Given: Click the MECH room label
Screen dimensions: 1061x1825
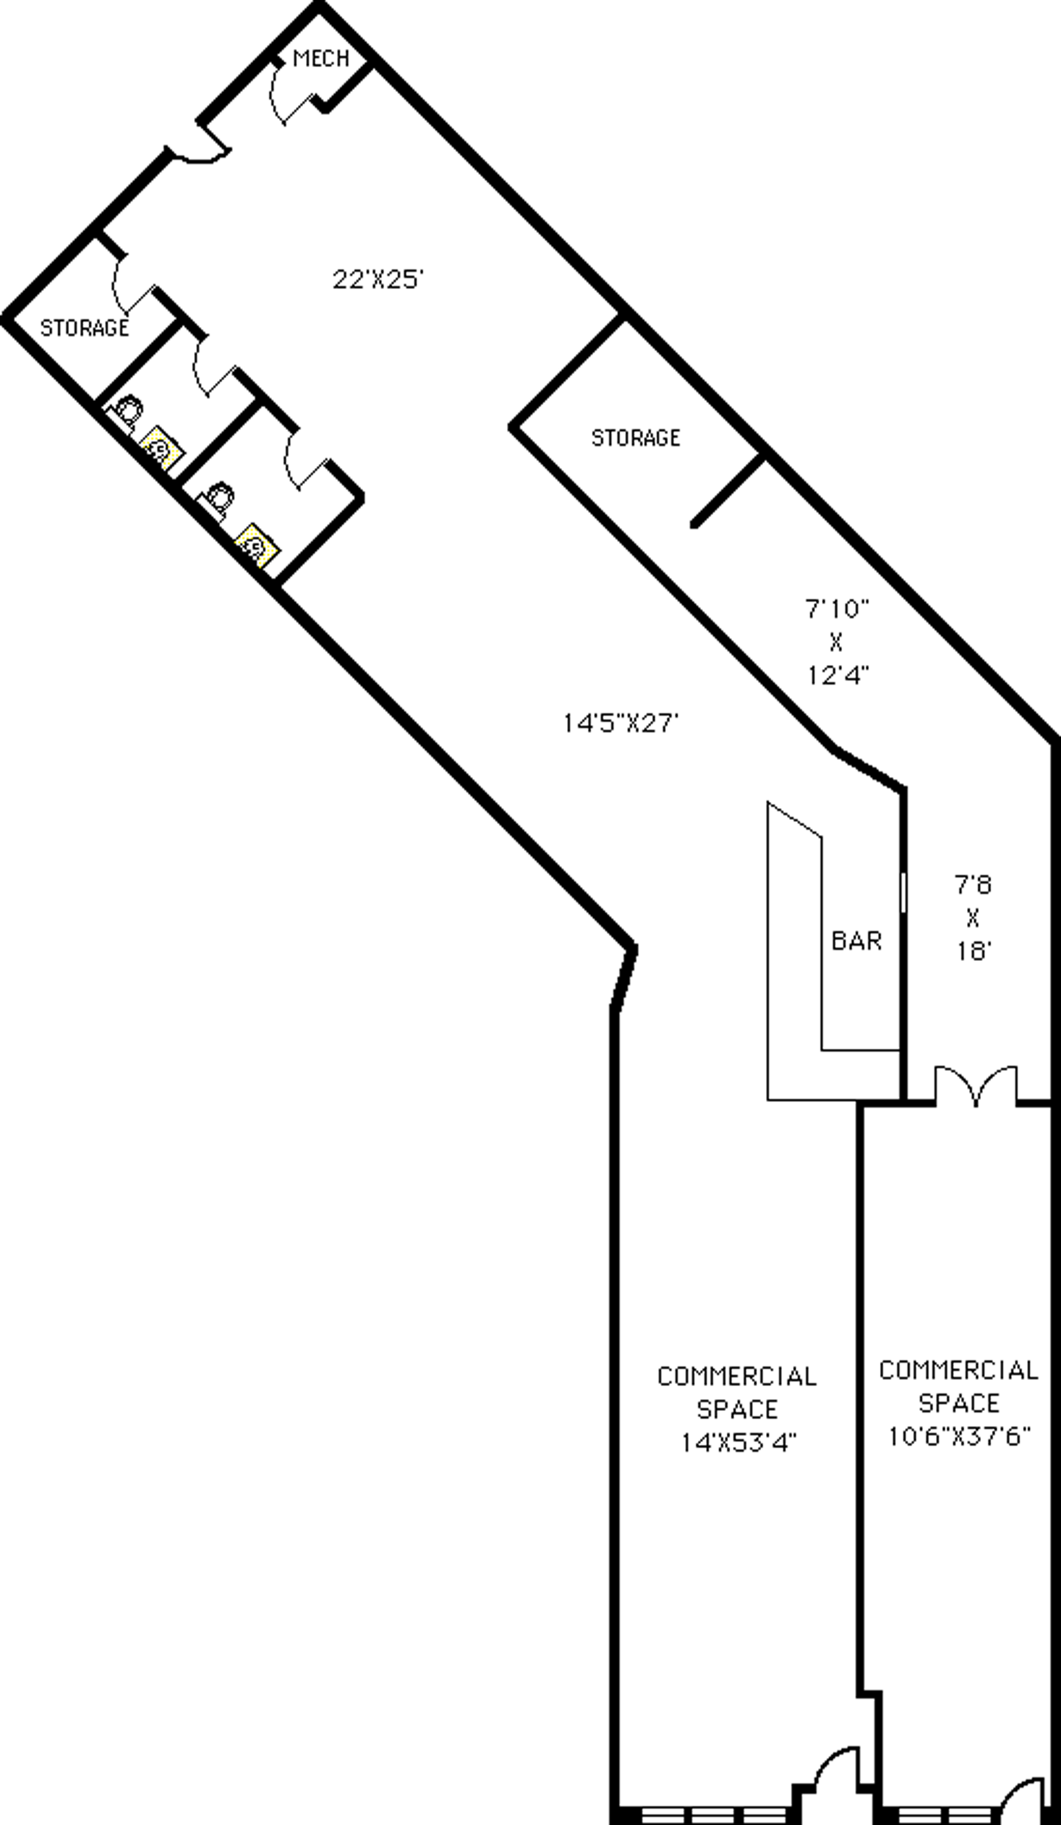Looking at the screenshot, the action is (x=321, y=58).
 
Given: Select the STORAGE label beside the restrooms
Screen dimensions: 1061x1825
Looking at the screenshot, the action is (x=84, y=328).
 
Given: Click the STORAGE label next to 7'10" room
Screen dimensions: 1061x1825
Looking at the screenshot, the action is (x=635, y=437).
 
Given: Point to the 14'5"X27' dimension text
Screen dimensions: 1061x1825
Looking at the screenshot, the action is (x=621, y=723).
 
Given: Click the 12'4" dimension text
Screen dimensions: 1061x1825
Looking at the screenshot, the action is (x=837, y=675).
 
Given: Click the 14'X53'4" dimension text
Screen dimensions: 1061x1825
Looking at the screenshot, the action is (x=738, y=1443).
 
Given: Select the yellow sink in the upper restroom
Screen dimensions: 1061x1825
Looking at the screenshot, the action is (x=161, y=447).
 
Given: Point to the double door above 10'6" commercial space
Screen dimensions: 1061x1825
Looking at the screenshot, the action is (x=975, y=1086).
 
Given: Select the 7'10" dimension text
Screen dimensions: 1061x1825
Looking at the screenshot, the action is (x=837, y=608).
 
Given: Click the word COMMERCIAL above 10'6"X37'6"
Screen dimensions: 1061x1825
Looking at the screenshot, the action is (x=959, y=1370).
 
